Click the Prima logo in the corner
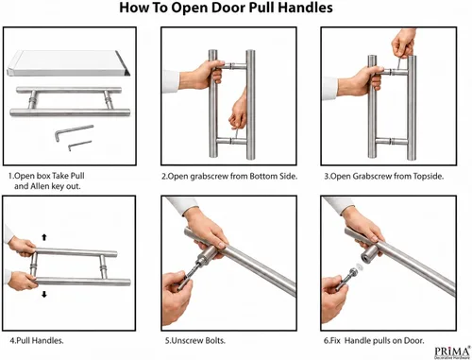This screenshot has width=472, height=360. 453,352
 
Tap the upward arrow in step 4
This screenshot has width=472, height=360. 44,237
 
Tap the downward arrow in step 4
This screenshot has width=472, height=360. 44,294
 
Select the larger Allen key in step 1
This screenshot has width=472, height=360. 75,132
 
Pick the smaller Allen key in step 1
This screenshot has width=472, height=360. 79,146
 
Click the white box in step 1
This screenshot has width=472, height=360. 68,63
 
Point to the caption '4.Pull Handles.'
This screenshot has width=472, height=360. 37,340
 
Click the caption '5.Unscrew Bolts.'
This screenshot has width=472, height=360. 195,340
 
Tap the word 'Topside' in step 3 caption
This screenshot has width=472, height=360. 428,176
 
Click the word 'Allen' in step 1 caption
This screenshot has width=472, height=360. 40,186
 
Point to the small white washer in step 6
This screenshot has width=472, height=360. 360,267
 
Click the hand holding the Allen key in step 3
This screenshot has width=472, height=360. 404,43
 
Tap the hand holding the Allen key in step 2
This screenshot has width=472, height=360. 238,111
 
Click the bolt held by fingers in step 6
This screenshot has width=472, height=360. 347,278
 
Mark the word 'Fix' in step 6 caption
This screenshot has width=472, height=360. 334,340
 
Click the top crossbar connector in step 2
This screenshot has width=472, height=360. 235,66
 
